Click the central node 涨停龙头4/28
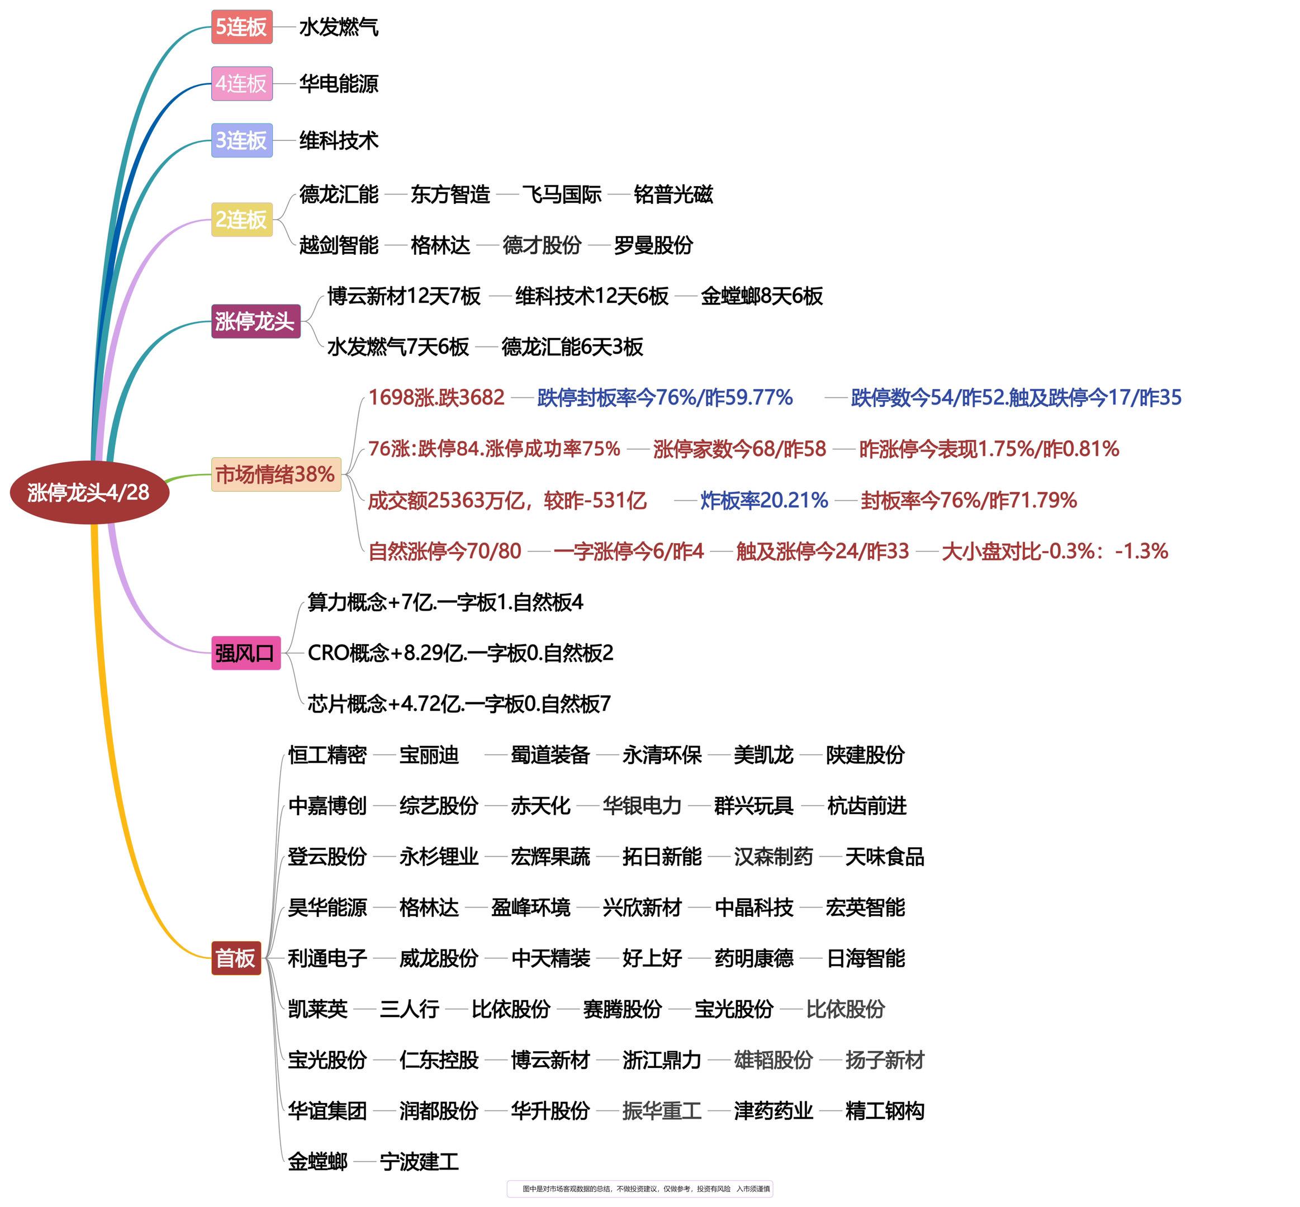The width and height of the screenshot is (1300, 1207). tap(89, 492)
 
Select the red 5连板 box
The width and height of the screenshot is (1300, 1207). tap(241, 27)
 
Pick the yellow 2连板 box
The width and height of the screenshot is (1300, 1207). tap(241, 220)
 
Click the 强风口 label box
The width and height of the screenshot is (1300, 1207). tap(245, 653)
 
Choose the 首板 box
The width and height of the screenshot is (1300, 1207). tap(236, 958)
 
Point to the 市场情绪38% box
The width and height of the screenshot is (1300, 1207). tap(276, 474)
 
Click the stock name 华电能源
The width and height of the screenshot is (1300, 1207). tap(338, 84)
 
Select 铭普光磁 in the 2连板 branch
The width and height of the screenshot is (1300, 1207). tap(673, 194)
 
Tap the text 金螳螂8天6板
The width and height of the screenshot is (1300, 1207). tap(762, 296)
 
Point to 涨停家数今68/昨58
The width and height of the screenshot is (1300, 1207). tap(739, 449)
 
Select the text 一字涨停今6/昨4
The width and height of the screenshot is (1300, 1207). tap(628, 551)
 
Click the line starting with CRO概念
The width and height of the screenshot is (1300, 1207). tap(461, 653)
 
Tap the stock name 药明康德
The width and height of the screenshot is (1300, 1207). tap(754, 958)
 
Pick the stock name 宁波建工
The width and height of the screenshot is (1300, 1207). tap(419, 1162)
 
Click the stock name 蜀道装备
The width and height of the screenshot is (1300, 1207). tap(550, 755)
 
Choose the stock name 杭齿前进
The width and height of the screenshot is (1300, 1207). tap(867, 806)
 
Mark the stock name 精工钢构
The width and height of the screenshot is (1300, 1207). tap(885, 1111)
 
